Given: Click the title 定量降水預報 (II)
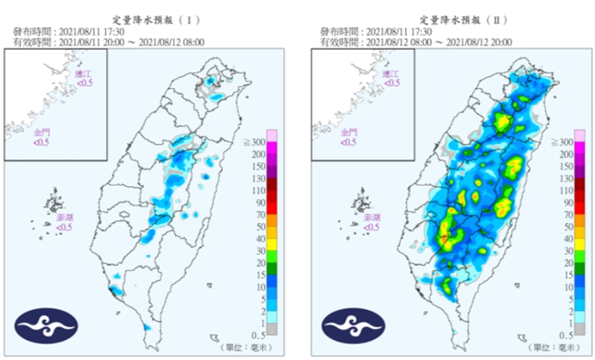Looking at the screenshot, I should [455, 18].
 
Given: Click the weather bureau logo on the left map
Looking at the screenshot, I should [46, 325].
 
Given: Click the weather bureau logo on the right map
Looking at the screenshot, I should [353, 325].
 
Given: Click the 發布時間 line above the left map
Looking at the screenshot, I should [68, 32].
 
